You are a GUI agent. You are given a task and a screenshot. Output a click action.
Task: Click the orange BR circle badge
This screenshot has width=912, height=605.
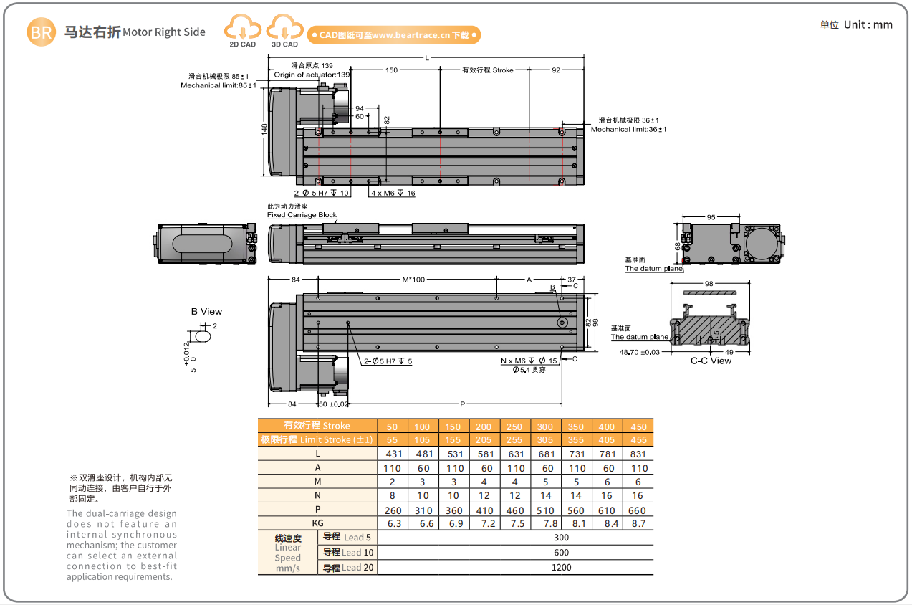click(41, 32)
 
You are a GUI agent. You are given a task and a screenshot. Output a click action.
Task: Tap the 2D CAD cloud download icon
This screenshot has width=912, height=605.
click(243, 29)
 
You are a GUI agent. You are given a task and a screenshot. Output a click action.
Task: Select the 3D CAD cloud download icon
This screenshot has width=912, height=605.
click(284, 29)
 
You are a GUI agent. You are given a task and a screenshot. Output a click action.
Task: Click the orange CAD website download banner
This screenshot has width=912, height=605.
click(393, 34)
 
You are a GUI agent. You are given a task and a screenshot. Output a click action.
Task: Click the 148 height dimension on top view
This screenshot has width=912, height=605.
click(264, 129)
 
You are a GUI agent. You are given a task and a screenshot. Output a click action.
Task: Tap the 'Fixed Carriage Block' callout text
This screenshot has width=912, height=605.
click(302, 215)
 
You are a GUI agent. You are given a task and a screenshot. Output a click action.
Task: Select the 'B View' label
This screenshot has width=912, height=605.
click(206, 312)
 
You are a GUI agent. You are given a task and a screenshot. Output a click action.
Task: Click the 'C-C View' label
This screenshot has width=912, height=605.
click(711, 361)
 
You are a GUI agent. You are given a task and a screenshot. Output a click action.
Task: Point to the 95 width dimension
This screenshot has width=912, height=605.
click(711, 216)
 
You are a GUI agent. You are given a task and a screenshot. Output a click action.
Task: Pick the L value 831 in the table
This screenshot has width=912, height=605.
click(638, 454)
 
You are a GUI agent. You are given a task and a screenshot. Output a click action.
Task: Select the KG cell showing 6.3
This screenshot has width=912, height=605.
click(392, 524)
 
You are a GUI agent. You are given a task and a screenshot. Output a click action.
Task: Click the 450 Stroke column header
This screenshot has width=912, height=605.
click(638, 427)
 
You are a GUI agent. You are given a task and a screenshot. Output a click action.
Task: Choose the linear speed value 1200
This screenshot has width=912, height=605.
click(561, 568)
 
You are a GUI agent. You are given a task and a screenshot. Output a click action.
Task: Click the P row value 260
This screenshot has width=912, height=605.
click(393, 510)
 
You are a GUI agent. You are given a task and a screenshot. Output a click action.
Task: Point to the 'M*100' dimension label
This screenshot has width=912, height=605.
click(413, 279)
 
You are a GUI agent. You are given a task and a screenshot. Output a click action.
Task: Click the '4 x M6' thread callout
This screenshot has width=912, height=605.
click(393, 194)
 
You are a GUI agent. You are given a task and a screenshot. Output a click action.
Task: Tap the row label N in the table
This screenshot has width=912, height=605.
click(317, 496)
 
